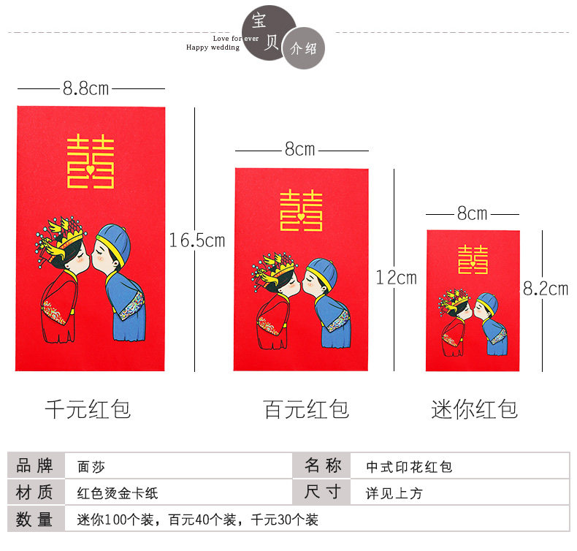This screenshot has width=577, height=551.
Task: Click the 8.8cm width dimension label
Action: coord(85,88)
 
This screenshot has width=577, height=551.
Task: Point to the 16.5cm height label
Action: coord(196,240)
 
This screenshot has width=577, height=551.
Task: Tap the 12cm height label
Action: coord(396,278)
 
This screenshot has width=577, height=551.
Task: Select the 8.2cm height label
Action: coord(545,288)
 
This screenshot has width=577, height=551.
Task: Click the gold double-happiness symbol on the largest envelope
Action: coord(90,161)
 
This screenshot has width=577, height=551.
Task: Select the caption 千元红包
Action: coord(88,408)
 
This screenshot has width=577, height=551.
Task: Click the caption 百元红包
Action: coord(306,408)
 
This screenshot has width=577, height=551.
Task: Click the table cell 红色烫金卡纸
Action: coord(117,493)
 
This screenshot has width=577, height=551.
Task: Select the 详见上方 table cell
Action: coord(394,493)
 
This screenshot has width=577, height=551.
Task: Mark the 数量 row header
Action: coord(34,520)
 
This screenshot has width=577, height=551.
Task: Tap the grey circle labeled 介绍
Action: coord(304,49)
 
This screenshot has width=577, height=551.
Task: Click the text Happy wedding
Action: coord(213,47)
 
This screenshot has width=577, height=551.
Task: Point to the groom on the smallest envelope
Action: coord(491,325)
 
